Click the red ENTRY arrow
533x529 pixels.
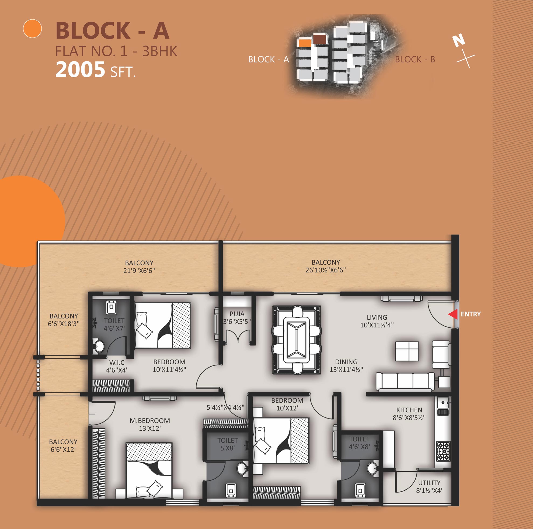[x=453, y=314]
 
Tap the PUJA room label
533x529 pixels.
[x=237, y=314]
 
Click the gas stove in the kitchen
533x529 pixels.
[x=443, y=451]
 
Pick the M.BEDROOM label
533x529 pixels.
[x=150, y=421]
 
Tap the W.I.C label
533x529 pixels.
[x=117, y=362]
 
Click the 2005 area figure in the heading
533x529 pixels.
[x=80, y=70]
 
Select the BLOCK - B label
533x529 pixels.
[x=415, y=59]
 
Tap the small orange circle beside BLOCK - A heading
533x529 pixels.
[x=32, y=29]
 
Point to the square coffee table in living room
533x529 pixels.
[x=407, y=351]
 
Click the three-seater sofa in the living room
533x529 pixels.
[x=405, y=382]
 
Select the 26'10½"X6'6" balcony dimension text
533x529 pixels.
[x=326, y=270]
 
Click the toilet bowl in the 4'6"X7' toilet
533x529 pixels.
[x=111, y=307]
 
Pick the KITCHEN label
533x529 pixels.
[x=409, y=410]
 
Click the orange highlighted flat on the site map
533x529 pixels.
[x=305, y=43]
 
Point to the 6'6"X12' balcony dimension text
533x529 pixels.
[x=63, y=450]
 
